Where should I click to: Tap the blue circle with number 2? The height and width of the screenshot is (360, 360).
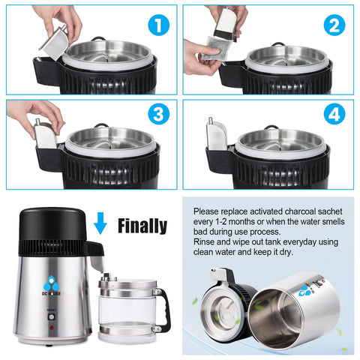click(x=334, y=26)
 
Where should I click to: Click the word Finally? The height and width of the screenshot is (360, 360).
click(x=142, y=224)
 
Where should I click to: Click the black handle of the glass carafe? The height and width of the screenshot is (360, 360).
click(x=163, y=307)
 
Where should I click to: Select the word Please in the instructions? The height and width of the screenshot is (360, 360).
click(x=208, y=212)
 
